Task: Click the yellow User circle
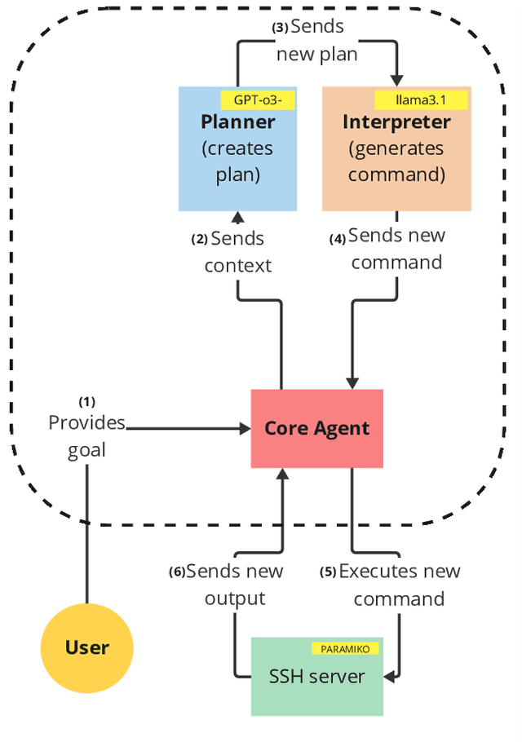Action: pyautogui.click(x=86, y=648)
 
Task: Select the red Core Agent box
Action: pyautogui.click(x=316, y=428)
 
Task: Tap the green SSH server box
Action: pyautogui.click(x=316, y=676)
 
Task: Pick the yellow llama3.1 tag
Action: pyautogui.click(x=420, y=100)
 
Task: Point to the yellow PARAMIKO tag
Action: pyautogui.click(x=345, y=648)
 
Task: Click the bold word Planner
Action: pyautogui.click(x=237, y=122)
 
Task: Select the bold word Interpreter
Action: pyautogui.click(x=396, y=122)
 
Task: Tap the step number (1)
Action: pyautogui.click(x=86, y=402)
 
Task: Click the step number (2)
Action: pyautogui.click(x=200, y=240)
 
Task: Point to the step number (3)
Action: pyautogui.click(x=280, y=27)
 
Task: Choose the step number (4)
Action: pyautogui.click(x=338, y=240)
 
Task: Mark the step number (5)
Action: pyautogui.click(x=329, y=572)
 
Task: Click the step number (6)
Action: pyautogui.click(x=177, y=572)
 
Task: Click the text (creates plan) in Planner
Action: pyautogui.click(x=237, y=162)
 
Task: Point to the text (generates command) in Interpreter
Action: pyautogui.click(x=396, y=161)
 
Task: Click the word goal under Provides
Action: pyautogui.click(x=86, y=450)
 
